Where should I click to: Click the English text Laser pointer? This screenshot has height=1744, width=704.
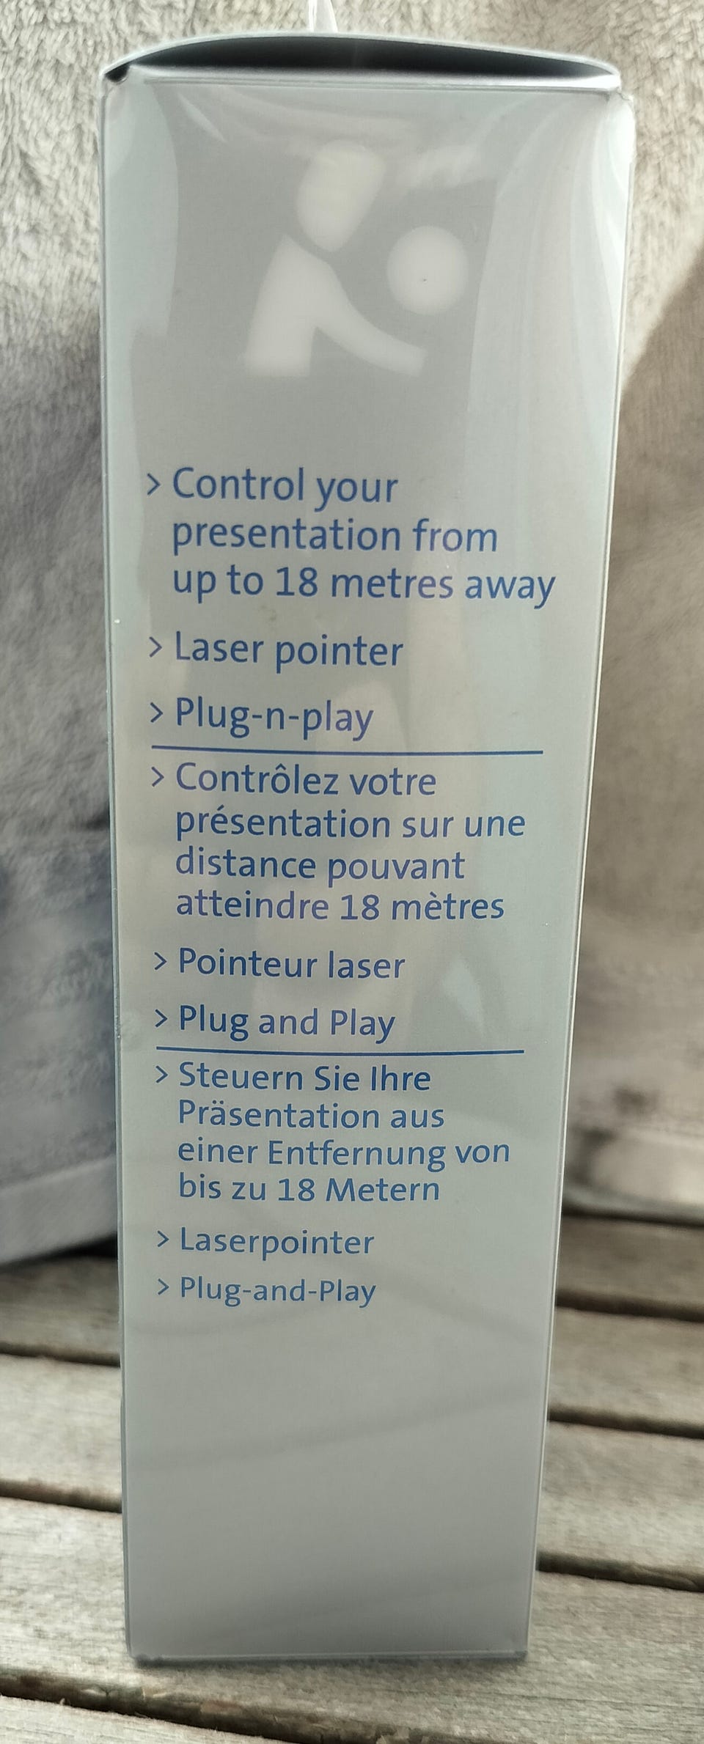point(288,651)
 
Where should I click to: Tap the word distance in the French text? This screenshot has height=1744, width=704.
point(246,864)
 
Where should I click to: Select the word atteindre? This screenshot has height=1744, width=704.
point(252,905)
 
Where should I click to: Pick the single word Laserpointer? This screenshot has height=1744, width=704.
point(277,1242)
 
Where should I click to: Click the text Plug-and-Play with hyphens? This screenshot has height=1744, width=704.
point(278,1290)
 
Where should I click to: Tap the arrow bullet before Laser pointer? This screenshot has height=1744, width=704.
point(155,650)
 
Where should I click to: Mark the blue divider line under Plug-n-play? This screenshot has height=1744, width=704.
point(347,750)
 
